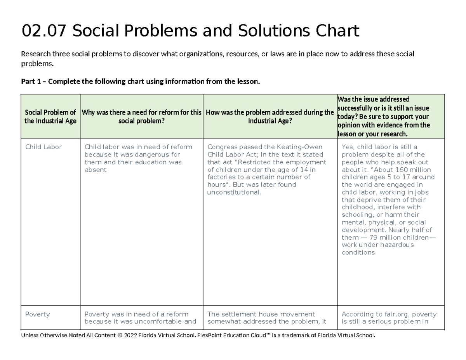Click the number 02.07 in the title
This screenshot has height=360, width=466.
coord(44,31)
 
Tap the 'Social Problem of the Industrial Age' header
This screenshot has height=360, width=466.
coord(50,117)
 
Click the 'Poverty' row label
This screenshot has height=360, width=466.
coord(37,314)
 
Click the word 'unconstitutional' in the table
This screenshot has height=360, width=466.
coord(234,192)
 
